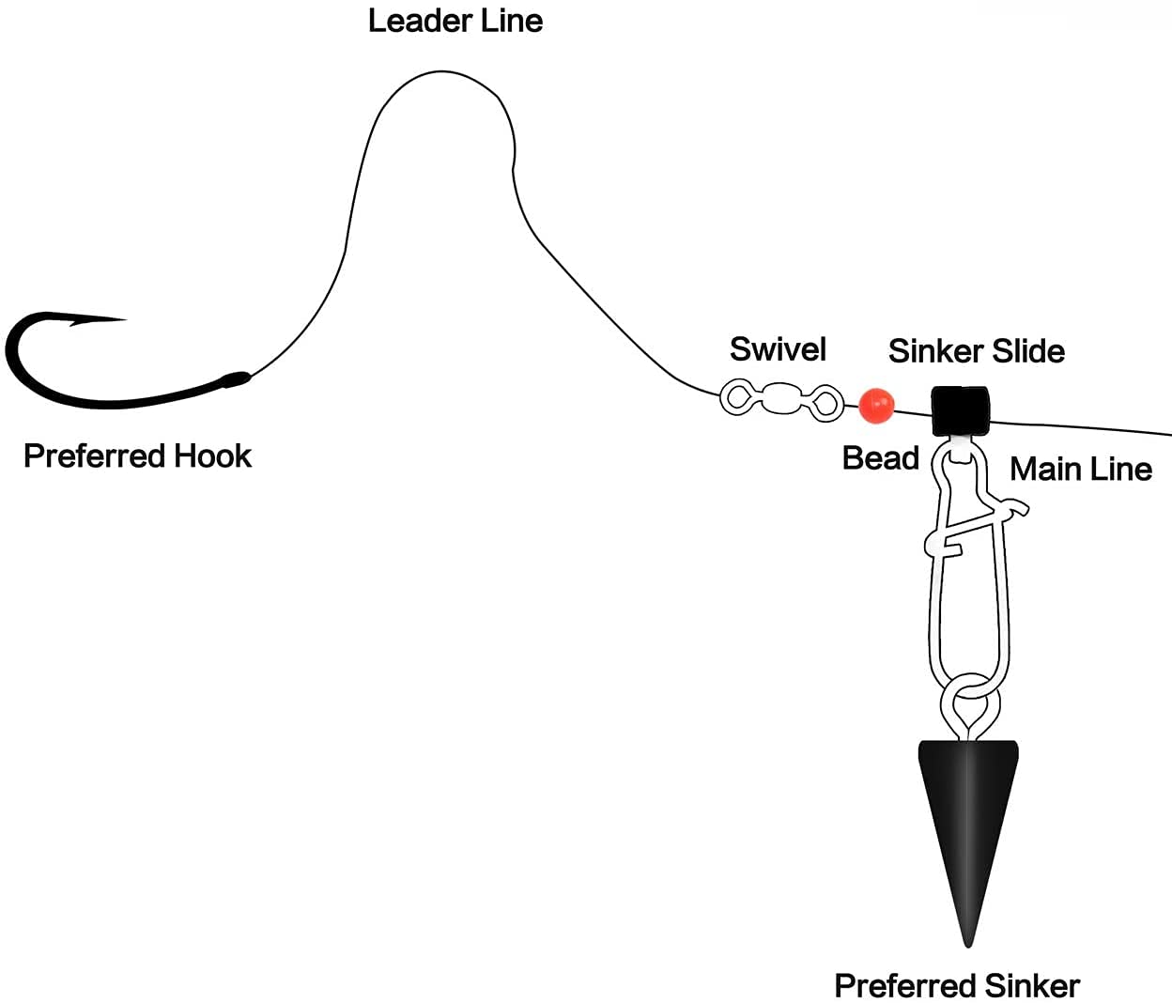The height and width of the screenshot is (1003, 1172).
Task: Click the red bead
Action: (876, 405)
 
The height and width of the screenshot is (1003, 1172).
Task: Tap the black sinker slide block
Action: (959, 410)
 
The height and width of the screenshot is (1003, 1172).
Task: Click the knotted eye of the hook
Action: (235, 379)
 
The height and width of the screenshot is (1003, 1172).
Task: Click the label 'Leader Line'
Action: (455, 21)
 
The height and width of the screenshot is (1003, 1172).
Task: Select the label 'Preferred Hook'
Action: (137, 456)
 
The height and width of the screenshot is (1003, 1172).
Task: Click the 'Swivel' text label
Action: (778, 349)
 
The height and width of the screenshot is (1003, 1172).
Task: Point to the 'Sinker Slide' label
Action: (976, 351)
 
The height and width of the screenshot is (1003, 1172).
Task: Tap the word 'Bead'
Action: (880, 458)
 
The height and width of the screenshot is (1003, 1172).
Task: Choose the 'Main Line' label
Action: (1080, 469)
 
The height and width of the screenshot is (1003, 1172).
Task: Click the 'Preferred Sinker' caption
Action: (956, 985)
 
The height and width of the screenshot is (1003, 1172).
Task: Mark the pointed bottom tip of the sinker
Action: (967, 943)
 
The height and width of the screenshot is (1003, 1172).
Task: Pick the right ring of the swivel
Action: (826, 403)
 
